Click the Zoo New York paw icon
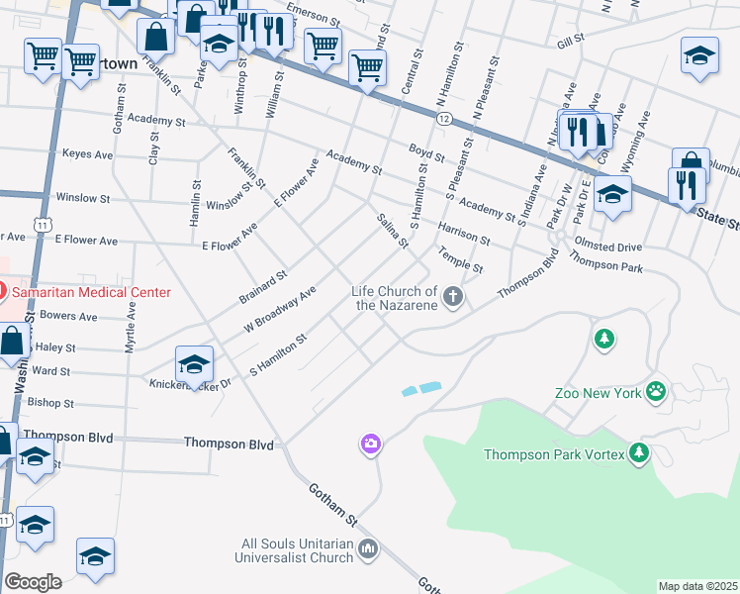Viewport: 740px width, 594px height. coord(655,392)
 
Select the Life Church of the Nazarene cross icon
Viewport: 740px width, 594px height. coord(453,296)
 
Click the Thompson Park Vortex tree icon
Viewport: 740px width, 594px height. coord(639,453)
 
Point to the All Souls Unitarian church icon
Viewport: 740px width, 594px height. coord(368,547)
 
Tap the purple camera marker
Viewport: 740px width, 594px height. coord(371,444)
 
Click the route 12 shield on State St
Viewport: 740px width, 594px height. coord(444,119)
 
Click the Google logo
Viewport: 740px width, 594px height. coord(33,582)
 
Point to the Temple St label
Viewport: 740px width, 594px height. coord(462,261)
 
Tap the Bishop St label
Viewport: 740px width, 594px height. coord(50,403)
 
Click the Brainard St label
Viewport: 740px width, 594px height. coord(263,287)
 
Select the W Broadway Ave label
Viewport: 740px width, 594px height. coord(280,310)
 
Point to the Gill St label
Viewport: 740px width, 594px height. coord(571,41)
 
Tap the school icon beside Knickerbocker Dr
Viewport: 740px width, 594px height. coord(195,362)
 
